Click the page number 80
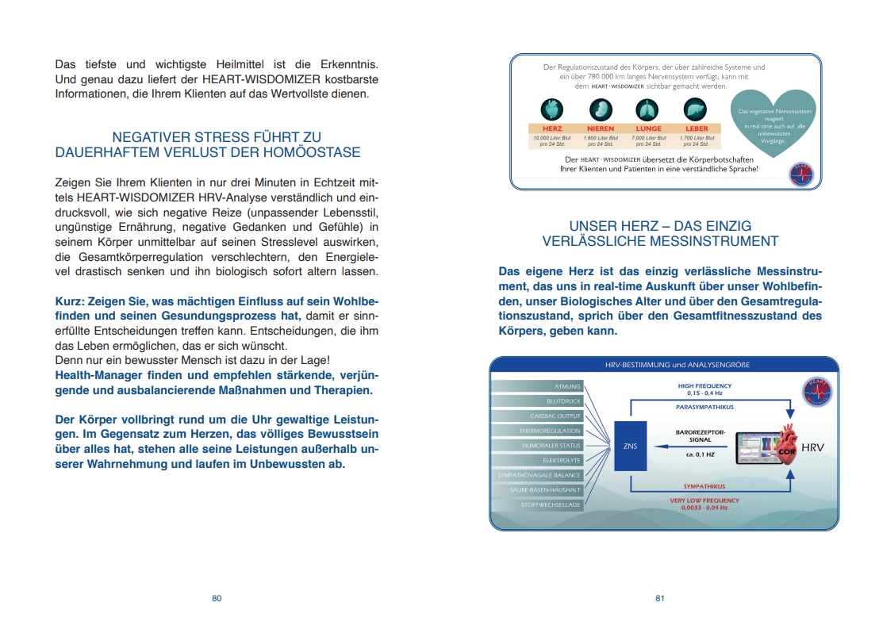click(217, 599)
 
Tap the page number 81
click(659, 599)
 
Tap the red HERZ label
click(552, 128)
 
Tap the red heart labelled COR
click(785, 447)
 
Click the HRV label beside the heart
click(813, 448)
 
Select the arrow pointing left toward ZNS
click(682, 446)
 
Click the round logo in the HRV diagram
click(816, 390)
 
